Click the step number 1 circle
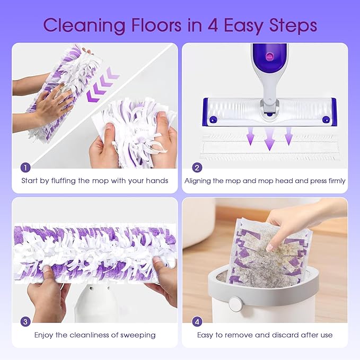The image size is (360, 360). (25, 167)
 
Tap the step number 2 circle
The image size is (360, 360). (197, 167)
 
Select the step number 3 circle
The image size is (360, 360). (25, 321)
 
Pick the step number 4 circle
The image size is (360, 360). (197, 321)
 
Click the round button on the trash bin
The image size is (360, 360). (234, 304)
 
